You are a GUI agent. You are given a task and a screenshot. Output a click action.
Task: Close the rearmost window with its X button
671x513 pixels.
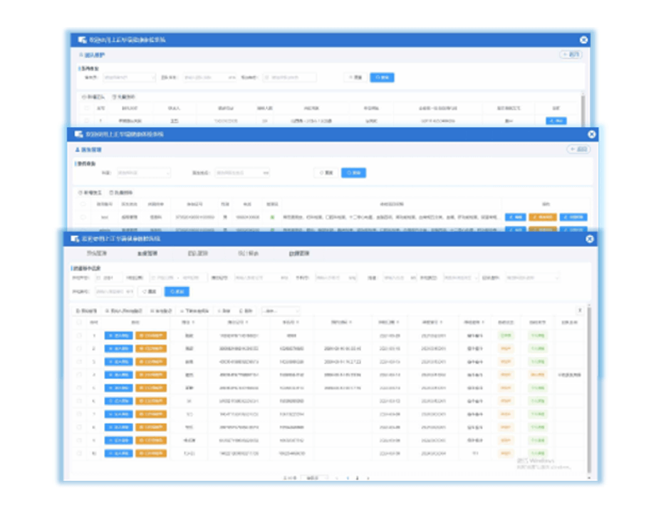pyautogui.click(x=584, y=41)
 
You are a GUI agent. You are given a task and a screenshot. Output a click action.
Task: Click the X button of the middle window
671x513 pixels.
pyautogui.click(x=591, y=134)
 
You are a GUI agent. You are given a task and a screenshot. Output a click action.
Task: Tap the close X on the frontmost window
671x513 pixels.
pyautogui.click(x=590, y=239)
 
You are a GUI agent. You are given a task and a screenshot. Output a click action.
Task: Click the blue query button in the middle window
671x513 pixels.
pyautogui.click(x=353, y=172)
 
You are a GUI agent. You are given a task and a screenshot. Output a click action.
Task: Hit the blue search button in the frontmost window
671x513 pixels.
pyautogui.click(x=177, y=291)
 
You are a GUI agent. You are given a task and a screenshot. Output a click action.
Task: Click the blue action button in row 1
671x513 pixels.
pyautogui.click(x=118, y=335)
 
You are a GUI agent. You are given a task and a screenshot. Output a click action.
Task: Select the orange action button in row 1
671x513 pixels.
pyautogui.click(x=151, y=335)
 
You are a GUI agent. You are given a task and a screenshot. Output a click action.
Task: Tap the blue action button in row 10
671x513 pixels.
pyautogui.click(x=118, y=454)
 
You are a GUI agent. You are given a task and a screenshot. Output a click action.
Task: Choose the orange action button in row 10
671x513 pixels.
pyautogui.click(x=151, y=454)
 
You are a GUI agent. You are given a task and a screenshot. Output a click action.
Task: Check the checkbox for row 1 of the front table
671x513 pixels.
pyautogui.click(x=78, y=335)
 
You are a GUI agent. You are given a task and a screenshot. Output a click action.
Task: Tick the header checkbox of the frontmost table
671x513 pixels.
pyautogui.click(x=78, y=322)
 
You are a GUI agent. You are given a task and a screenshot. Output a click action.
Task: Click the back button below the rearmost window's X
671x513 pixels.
pyautogui.click(x=572, y=54)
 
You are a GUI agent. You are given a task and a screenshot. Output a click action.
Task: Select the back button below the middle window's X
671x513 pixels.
pyautogui.click(x=578, y=150)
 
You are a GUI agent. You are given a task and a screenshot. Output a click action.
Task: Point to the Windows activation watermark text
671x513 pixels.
pyautogui.click(x=538, y=464)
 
